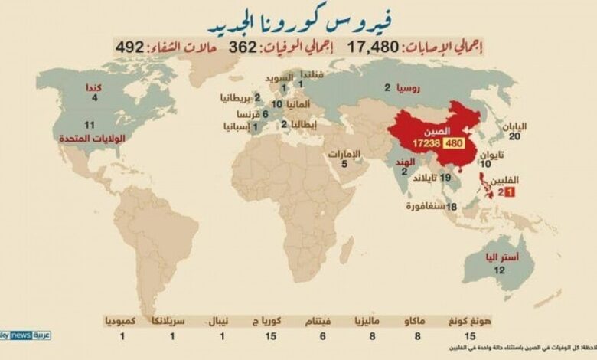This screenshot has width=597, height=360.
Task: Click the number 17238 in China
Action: [426, 143]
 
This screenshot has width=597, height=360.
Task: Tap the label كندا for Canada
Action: [96, 87]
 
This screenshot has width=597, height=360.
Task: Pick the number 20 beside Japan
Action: [514, 136]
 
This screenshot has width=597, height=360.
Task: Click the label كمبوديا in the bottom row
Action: [123, 320]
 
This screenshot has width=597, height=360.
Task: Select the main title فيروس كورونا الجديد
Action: [279, 18]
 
